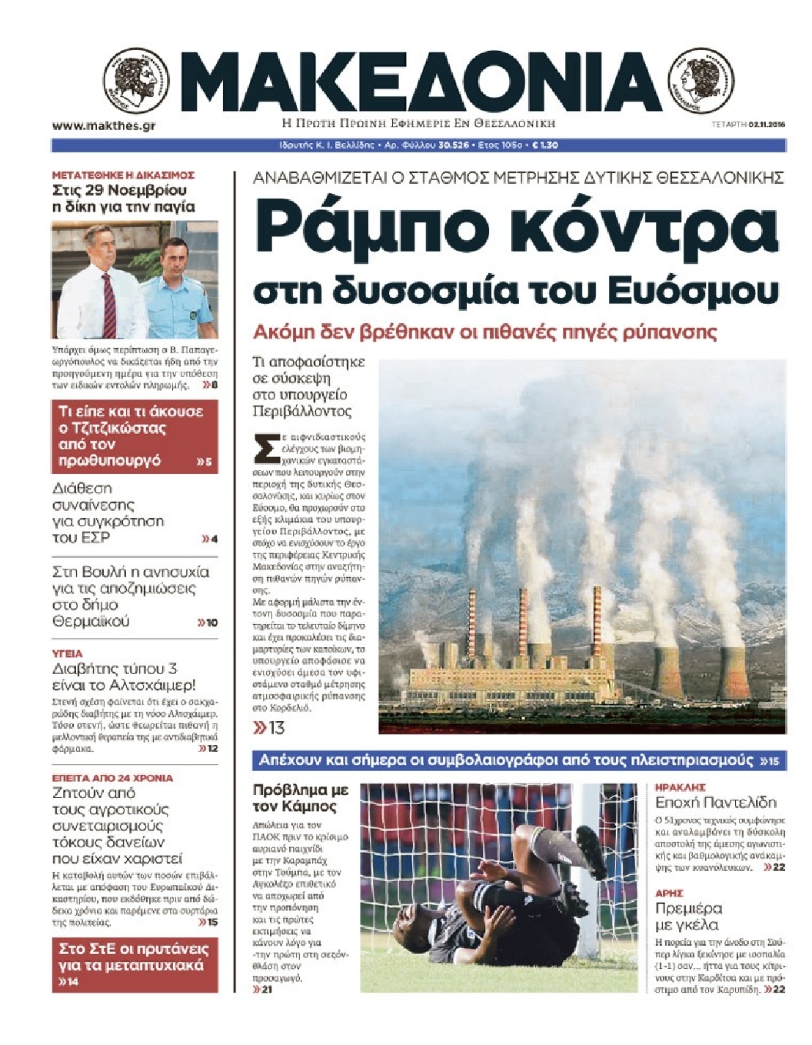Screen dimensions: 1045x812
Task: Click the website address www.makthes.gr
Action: pos(104,125)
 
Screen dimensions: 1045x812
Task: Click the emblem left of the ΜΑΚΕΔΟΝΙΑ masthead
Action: pos(137,81)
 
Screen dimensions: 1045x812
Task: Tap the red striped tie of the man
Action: pos(109,305)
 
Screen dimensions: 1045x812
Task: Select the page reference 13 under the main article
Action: pos(276,727)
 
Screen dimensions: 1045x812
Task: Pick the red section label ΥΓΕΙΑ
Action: pos(67,653)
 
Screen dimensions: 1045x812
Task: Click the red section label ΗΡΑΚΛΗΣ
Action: pos(680,787)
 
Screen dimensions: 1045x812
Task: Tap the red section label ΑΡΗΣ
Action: pos(669,893)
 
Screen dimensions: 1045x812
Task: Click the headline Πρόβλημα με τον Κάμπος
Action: pos(300,798)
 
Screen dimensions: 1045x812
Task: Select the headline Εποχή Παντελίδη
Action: pos(715,803)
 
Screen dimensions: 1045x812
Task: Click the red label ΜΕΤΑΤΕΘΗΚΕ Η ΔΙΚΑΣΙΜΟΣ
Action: pos(123,175)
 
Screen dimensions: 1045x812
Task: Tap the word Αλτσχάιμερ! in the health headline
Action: pos(157,685)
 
